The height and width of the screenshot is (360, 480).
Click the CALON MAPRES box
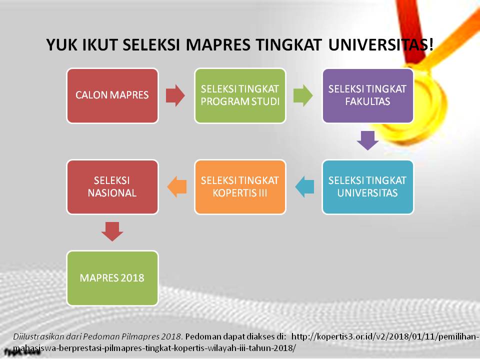(x=112, y=95)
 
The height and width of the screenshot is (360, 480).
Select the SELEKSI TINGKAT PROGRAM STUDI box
(x=240, y=95)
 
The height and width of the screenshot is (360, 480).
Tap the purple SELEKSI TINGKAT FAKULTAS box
(x=367, y=95)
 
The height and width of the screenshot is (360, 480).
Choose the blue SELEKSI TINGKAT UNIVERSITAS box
(x=367, y=186)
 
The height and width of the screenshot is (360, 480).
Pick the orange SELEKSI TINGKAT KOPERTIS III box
(x=240, y=186)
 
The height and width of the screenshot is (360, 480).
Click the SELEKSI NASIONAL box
(x=112, y=186)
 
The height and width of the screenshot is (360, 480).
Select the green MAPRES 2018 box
(x=112, y=278)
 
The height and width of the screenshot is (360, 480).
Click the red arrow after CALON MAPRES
(x=175, y=95)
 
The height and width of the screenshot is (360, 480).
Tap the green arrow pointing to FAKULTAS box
(x=303, y=95)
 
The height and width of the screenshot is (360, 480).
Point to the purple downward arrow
(x=367, y=140)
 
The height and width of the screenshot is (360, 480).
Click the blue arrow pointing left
(x=304, y=186)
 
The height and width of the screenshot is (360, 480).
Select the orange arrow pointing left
(x=177, y=186)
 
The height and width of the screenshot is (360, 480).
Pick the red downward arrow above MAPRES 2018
(x=112, y=231)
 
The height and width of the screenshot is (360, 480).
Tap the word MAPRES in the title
(x=218, y=44)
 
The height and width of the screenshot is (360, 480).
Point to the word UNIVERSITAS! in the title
(x=381, y=44)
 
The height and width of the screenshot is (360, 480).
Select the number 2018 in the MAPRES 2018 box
(x=132, y=278)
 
